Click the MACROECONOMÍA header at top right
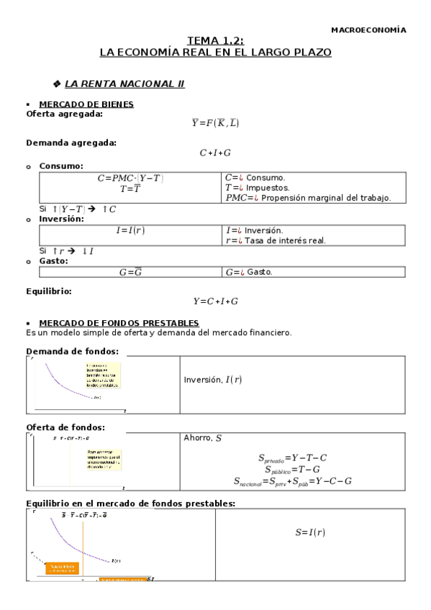[368, 30]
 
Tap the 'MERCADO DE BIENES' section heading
[86, 104]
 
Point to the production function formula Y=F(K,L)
[215, 123]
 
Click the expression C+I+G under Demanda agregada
[215, 152]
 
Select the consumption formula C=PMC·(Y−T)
[131, 178]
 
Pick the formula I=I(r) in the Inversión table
[131, 230]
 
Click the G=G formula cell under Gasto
[130, 273]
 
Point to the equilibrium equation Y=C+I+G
[215, 301]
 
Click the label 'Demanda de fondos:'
[72, 351]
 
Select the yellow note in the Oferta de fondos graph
[99, 459]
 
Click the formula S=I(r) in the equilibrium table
[310, 533]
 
